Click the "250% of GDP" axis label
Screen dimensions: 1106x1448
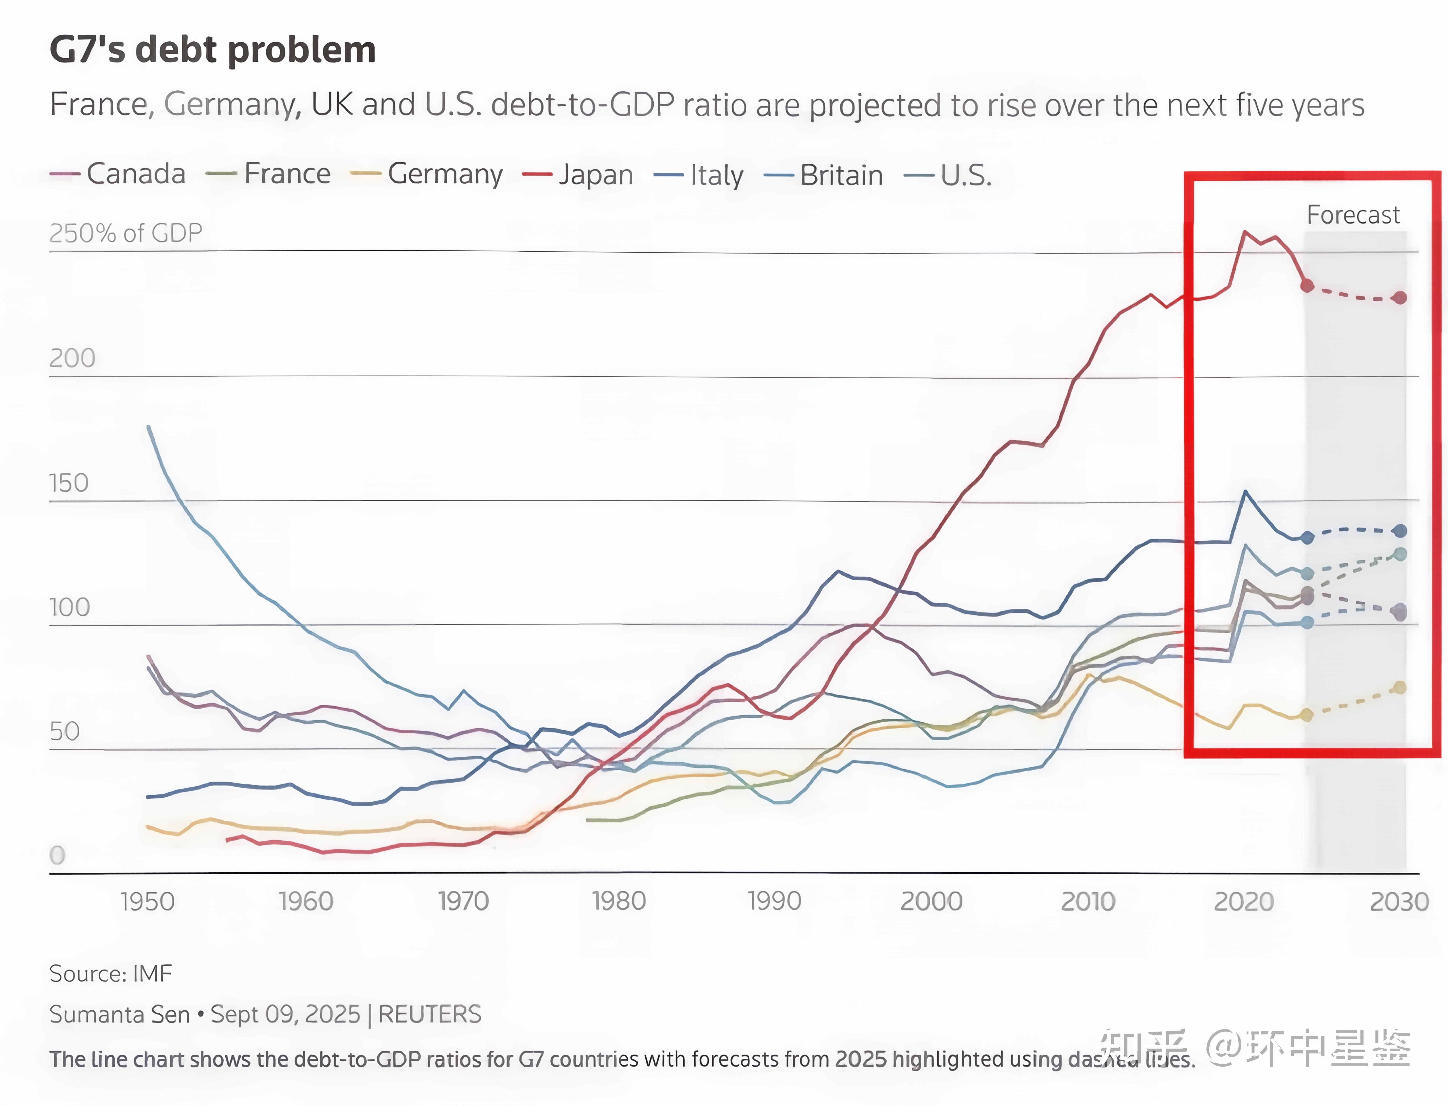pos(125,233)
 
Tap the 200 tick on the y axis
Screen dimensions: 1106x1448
pos(72,358)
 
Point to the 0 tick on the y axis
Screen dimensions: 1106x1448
pos(57,855)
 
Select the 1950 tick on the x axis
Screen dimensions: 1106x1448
pos(147,901)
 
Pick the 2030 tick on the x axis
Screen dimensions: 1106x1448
pos(1399,901)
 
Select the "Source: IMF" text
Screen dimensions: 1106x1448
pos(111,973)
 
